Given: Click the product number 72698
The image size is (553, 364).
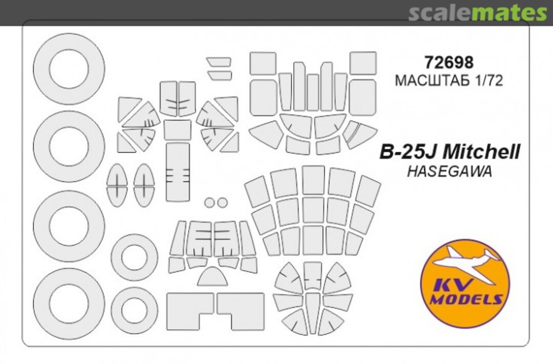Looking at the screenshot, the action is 449,62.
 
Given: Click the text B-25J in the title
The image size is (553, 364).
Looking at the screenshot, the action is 409,152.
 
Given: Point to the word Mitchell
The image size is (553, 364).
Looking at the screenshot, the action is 481,152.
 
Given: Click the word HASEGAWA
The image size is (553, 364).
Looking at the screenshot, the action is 450,172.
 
